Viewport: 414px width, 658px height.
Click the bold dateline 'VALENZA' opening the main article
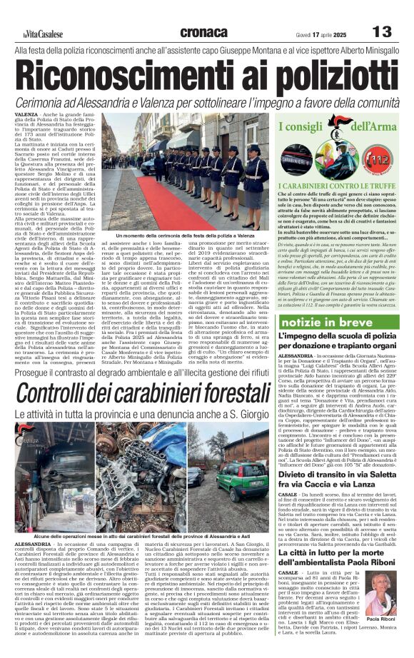click(26, 114)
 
